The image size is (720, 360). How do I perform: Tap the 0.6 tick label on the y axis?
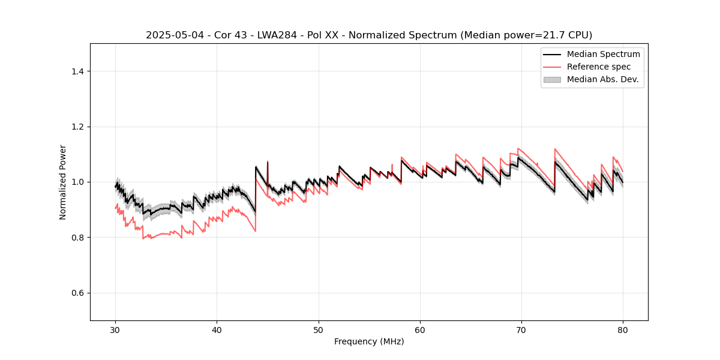[77, 293]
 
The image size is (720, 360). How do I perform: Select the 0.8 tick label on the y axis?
[77, 238]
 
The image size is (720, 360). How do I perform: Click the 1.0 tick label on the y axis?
[77, 182]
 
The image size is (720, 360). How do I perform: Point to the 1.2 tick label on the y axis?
[77, 127]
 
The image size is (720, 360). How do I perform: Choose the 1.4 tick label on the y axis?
[77, 71]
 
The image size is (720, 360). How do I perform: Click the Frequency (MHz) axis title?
[369, 341]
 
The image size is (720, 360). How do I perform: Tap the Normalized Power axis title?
[63, 182]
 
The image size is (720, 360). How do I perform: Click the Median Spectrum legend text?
[603, 54]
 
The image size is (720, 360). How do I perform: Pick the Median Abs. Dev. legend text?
[602, 79]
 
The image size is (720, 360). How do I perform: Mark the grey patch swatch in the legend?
[552, 79]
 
